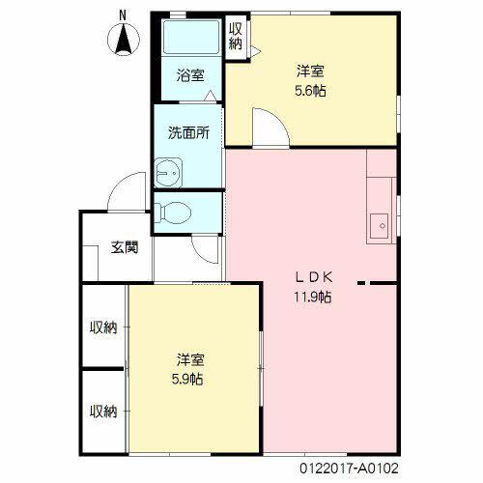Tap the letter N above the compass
[123, 14]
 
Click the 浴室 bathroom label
[189, 75]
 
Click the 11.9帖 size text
[313, 297]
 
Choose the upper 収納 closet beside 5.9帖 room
[103, 327]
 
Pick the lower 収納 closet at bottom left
[103, 412]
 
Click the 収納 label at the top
[236, 36]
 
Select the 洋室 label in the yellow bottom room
[189, 358]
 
